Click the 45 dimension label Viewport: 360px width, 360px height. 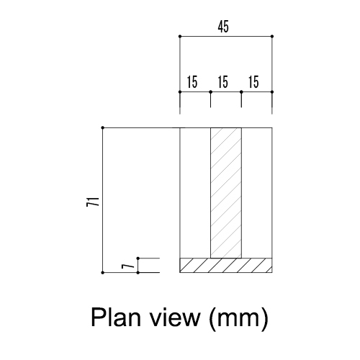(x=223, y=27)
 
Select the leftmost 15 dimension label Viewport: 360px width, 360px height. (x=192, y=82)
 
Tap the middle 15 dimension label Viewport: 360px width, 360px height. (x=223, y=82)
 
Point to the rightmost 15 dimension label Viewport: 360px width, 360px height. (x=253, y=82)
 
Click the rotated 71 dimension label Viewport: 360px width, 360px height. (x=93, y=202)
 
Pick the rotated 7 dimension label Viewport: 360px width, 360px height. (x=128, y=266)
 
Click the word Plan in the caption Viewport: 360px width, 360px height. (x=116, y=317)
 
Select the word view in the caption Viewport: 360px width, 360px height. (x=176, y=317)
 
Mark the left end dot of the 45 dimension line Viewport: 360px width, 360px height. (x=180, y=37)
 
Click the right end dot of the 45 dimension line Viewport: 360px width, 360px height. (x=272, y=37)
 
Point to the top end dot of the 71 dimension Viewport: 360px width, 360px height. (x=103, y=127)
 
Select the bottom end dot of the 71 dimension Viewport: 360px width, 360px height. (x=103, y=273)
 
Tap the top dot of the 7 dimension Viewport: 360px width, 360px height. (x=138, y=258)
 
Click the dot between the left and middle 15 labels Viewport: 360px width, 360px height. (x=211, y=92)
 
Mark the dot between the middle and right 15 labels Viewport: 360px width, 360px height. (x=241, y=92)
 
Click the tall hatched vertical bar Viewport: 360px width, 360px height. (x=226, y=193)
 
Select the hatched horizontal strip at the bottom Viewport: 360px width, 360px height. (x=226, y=266)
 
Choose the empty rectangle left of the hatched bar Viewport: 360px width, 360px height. (x=195, y=193)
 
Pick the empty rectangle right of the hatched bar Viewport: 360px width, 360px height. (x=257, y=193)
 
